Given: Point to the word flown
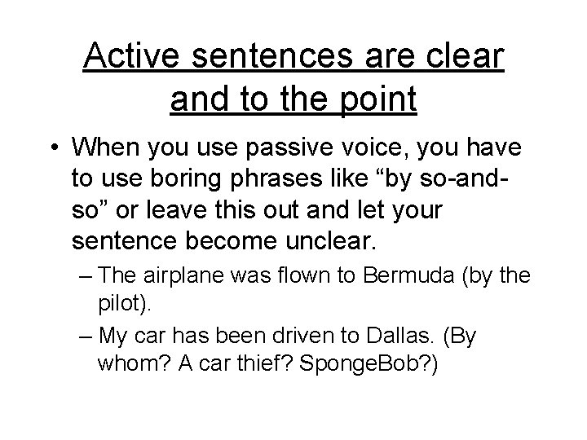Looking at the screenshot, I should (309, 277).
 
